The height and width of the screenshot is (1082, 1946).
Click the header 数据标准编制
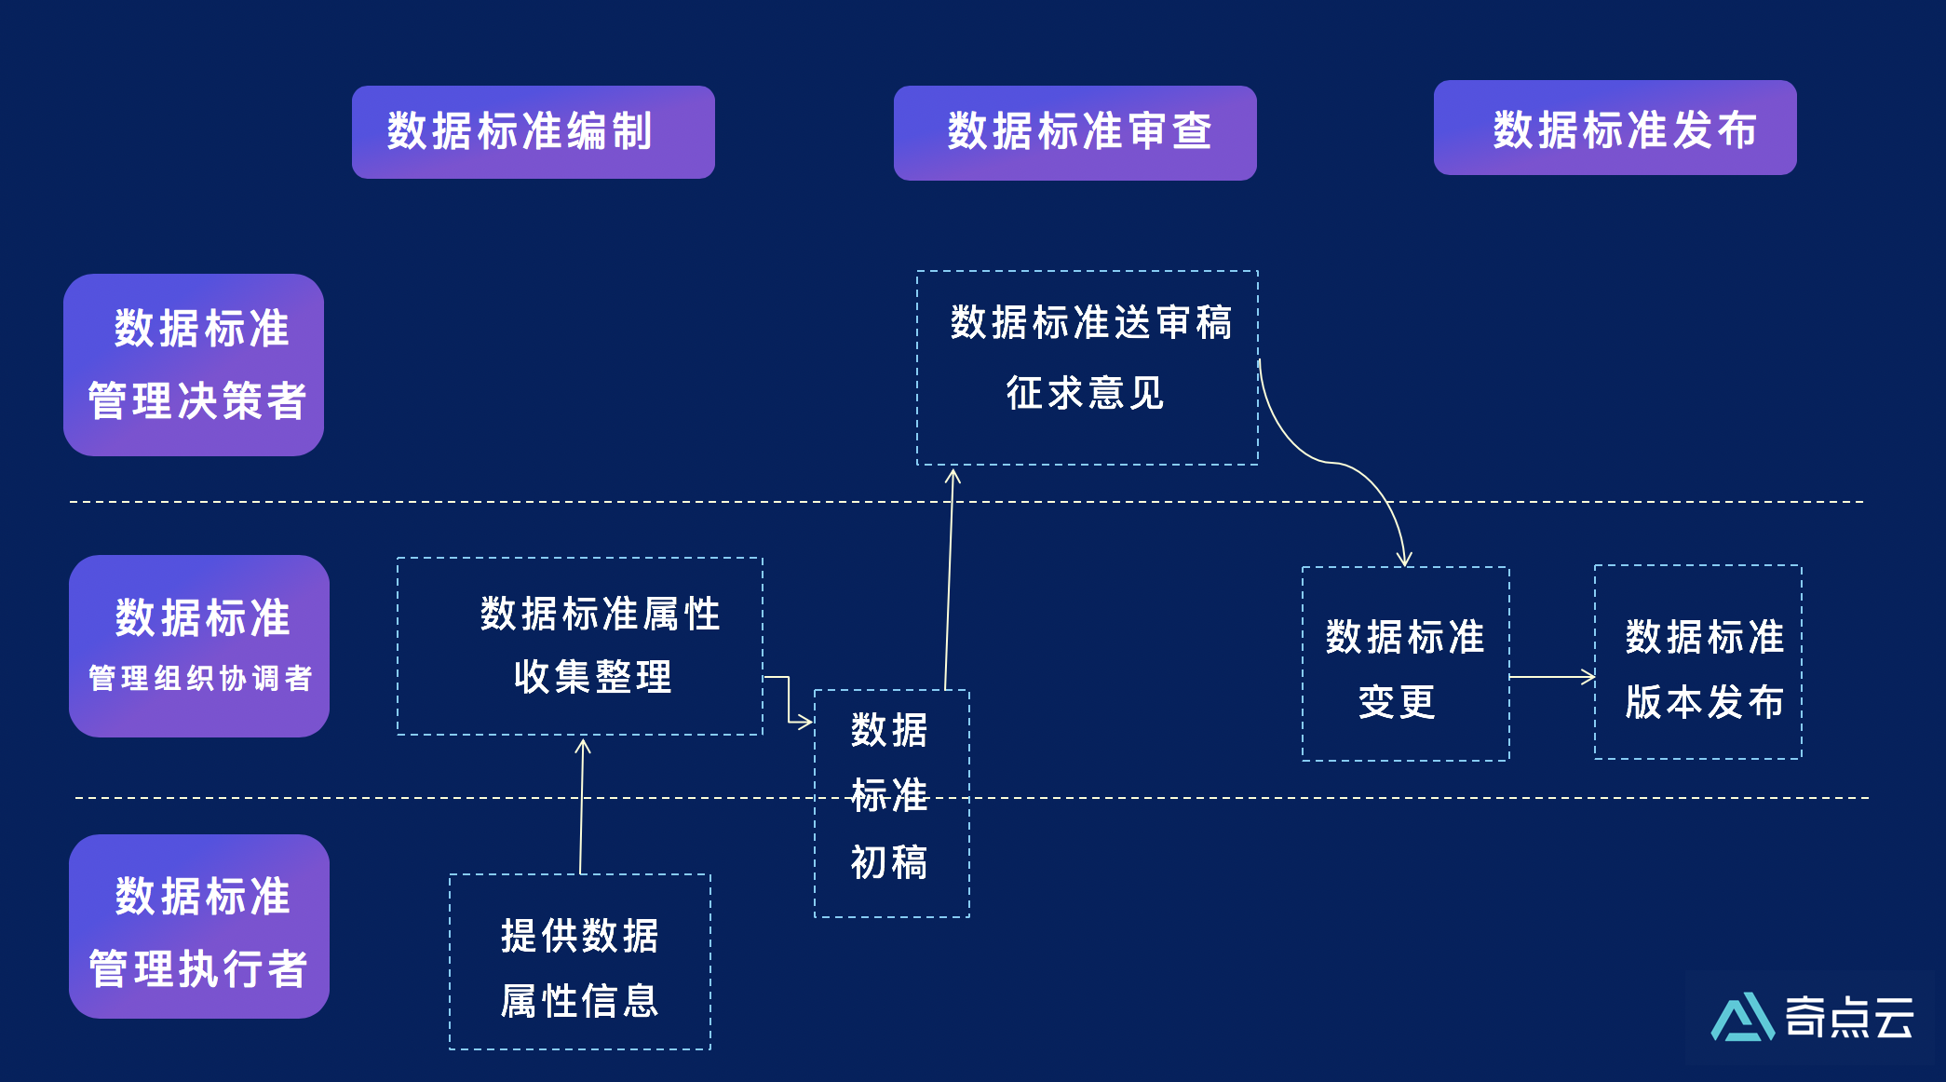(x=533, y=131)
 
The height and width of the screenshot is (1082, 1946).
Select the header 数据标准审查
(x=1074, y=132)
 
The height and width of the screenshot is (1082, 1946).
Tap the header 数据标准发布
(x=1615, y=128)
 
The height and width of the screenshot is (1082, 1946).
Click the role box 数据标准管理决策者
(x=194, y=364)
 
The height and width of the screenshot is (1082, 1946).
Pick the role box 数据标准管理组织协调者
(x=199, y=645)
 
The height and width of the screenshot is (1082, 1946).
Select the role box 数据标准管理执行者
(x=199, y=926)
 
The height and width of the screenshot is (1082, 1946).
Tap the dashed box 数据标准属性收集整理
(x=579, y=645)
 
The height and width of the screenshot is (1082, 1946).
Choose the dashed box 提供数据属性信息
(x=579, y=961)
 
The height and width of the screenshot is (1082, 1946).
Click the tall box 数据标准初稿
(x=891, y=803)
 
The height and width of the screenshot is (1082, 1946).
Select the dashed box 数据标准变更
(x=1405, y=664)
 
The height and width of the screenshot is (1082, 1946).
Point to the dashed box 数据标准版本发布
(x=1697, y=662)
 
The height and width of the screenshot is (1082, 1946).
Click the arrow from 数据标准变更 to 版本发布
(x=1551, y=677)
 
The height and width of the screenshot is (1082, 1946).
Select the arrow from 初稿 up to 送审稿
(x=949, y=577)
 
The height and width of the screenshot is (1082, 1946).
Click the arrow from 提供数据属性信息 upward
(x=582, y=805)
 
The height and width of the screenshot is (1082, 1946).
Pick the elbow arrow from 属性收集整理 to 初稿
(x=789, y=698)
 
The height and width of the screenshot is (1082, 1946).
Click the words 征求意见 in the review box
(x=1085, y=393)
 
